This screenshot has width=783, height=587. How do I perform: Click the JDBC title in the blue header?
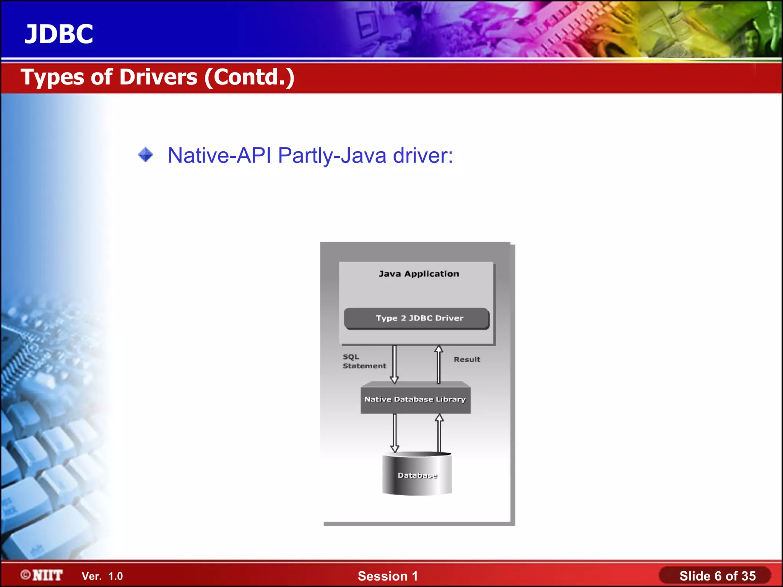point(59,34)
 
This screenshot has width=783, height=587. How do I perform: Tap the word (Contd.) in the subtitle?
point(249,77)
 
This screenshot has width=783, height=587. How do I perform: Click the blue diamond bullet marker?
point(145,155)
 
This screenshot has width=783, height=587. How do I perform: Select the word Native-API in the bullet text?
point(219,156)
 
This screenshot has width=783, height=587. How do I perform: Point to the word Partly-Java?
point(332,156)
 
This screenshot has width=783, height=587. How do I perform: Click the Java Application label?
point(419,274)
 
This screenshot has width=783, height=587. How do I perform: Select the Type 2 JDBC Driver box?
point(417,318)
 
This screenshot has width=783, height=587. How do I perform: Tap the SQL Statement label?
point(364,361)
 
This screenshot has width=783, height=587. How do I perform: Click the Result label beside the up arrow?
point(467,360)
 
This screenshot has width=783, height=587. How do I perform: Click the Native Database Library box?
point(416,399)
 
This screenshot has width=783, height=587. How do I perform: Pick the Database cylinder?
point(417,475)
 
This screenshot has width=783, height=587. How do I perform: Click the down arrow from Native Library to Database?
point(395,433)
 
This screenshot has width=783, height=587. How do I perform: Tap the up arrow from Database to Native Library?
point(439,433)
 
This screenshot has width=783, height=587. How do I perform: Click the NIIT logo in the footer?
point(42,576)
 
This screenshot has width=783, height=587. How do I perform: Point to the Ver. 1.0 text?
point(102,576)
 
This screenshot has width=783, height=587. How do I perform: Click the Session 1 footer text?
point(388,576)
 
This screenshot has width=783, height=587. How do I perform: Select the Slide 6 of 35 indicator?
point(717,576)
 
